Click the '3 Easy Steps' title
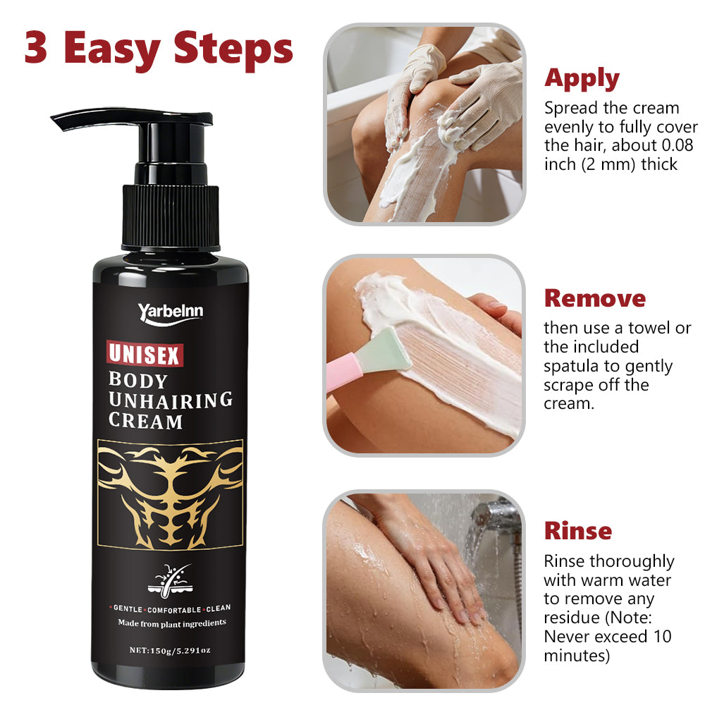[x=158, y=49]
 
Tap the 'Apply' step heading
[x=582, y=79]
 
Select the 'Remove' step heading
[x=595, y=298]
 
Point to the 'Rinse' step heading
[x=578, y=531]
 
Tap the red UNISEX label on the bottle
[x=145, y=354]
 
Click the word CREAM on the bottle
[x=145, y=421]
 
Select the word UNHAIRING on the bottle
[x=171, y=400]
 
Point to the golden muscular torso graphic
[x=171, y=495]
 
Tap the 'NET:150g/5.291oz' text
[x=170, y=650]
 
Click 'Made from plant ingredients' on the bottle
[x=172, y=623]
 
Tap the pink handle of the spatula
[x=343, y=371]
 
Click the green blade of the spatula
[x=384, y=350]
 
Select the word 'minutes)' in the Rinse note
[x=577, y=656]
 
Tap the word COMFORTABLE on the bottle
[x=174, y=610]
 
